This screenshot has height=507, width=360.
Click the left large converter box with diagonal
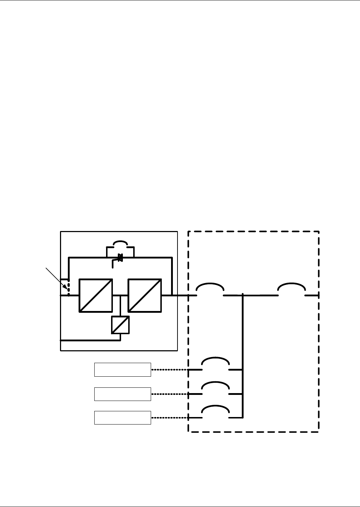point(96,295)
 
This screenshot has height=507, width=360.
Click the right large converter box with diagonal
point(145,295)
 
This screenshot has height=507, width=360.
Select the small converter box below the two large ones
point(120,325)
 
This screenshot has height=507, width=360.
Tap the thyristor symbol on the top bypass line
point(120,257)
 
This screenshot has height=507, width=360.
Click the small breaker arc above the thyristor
point(120,243)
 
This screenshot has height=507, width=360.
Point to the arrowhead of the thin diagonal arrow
point(65,287)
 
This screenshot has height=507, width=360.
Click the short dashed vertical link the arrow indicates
point(69,288)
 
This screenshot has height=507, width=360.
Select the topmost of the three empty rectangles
point(122,370)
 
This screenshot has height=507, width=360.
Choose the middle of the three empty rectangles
point(122,394)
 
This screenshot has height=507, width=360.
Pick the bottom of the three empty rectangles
point(122,417)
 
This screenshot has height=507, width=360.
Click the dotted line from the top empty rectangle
point(169,370)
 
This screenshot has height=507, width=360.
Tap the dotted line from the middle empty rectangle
point(169,394)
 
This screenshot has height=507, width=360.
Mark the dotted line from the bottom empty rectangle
point(169,418)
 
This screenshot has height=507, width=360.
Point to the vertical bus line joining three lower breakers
point(243,357)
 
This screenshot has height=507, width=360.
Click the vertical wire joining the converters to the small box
point(120,306)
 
